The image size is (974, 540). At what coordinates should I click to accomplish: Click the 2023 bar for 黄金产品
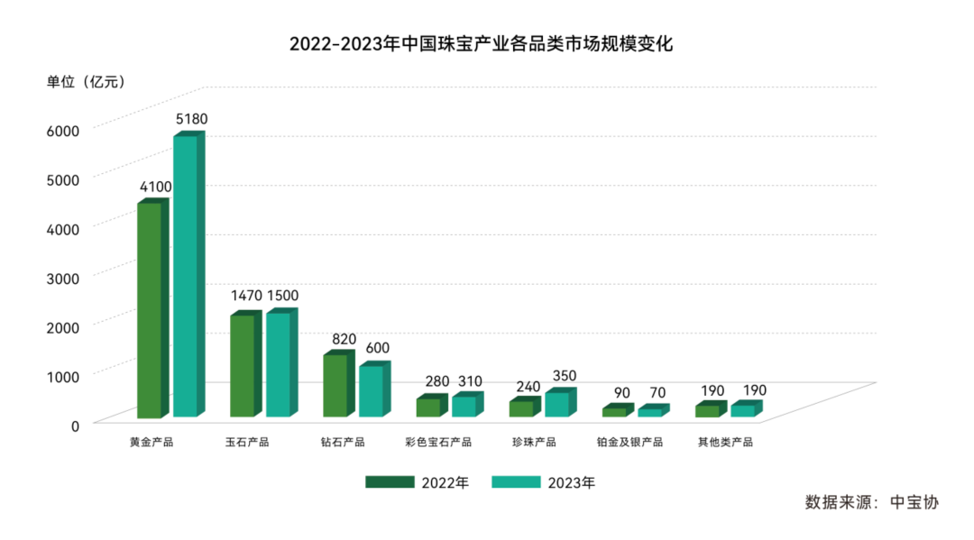coord(185,275)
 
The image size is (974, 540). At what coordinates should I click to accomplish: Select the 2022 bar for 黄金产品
coord(149,310)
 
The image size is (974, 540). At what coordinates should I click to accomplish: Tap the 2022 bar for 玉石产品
coord(242,366)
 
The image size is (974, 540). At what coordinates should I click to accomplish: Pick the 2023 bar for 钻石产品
coord(371,391)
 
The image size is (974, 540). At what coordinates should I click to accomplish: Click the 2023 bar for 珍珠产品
coord(556,405)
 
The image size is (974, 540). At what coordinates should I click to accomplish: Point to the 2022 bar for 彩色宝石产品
coord(427,407)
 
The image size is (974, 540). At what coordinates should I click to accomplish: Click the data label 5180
coord(191,119)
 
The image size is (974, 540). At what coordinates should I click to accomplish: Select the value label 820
coord(345,339)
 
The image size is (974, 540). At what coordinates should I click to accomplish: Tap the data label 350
coord(564,376)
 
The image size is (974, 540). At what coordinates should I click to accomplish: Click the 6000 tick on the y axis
coord(63,130)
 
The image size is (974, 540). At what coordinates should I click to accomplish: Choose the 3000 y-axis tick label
coord(63,277)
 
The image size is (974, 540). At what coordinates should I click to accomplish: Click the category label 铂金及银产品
coord(629,443)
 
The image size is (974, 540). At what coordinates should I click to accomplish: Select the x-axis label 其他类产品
coord(725,443)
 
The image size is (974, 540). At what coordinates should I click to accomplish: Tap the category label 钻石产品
coord(343,443)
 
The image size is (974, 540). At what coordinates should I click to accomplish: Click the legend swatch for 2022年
coord(389,482)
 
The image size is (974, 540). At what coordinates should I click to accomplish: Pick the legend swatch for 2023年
coord(515,482)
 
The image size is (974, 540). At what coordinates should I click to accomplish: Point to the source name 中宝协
coord(914,502)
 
